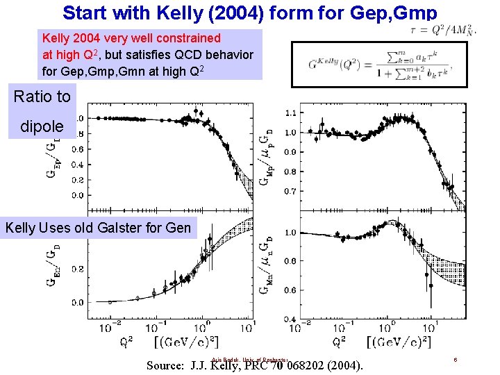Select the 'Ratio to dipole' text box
point(42,112)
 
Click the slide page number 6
point(455,360)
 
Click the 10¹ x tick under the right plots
point(427,326)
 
